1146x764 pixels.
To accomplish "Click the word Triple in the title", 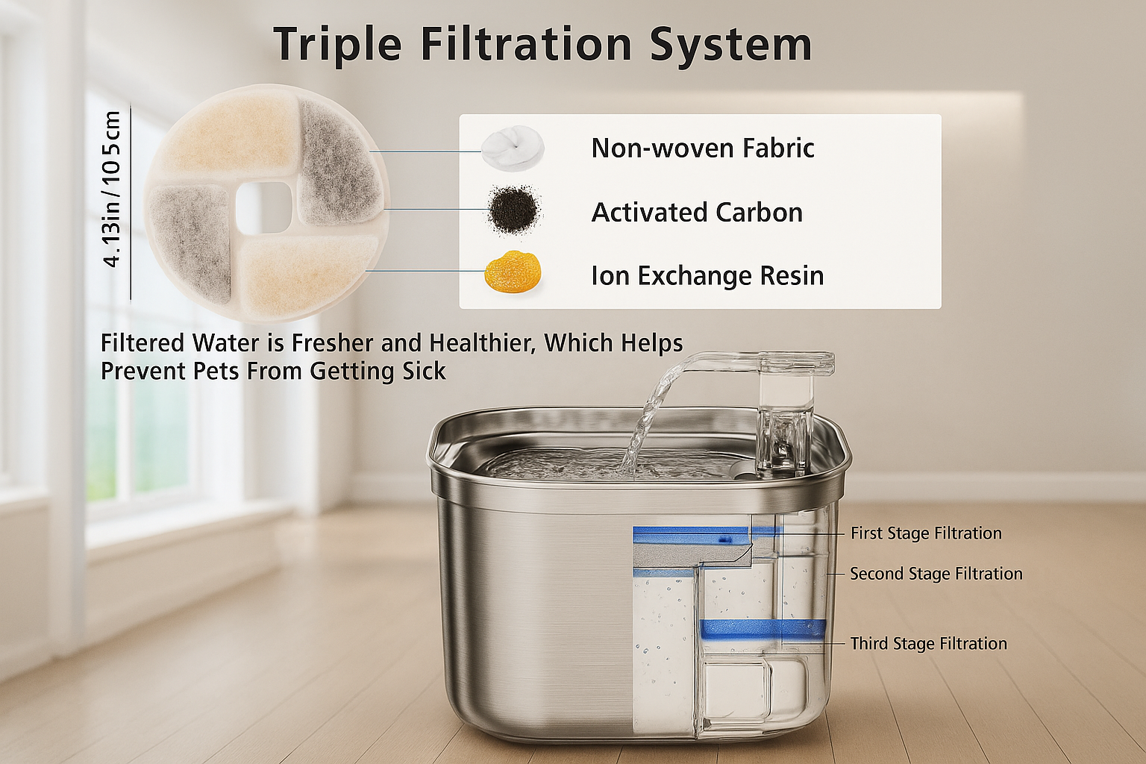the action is point(337,45).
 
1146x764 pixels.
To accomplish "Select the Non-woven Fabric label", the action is point(702,148).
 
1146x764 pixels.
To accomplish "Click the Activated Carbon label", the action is point(697,212).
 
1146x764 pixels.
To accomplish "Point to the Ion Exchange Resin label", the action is point(707,275).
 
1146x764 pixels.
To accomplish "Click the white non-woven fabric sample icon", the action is point(513,148).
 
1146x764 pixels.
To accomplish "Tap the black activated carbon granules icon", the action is point(513,210).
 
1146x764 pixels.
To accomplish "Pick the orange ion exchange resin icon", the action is point(512,272).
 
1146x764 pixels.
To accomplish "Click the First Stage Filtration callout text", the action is point(926,533).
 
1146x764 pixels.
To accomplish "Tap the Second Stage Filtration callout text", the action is point(936,574).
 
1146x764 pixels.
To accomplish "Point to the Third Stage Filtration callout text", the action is point(929,643).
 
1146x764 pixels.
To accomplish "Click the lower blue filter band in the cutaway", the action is point(763,630).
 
